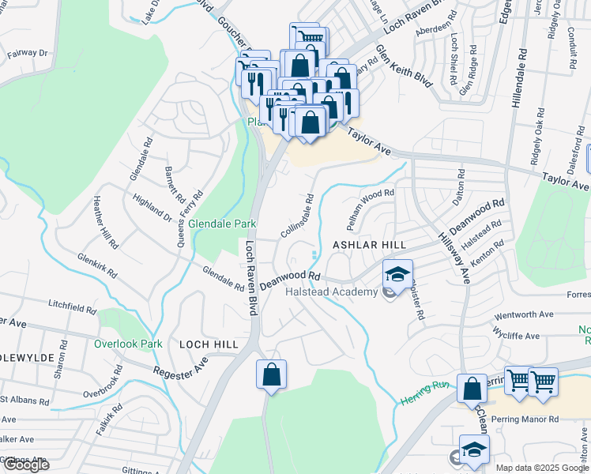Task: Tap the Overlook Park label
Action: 128,344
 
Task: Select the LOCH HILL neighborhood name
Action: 209,344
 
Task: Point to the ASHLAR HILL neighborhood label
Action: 363,246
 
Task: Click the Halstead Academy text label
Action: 331,292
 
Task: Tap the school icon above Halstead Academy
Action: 397,275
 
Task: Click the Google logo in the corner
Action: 25,465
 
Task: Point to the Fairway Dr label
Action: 28,54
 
